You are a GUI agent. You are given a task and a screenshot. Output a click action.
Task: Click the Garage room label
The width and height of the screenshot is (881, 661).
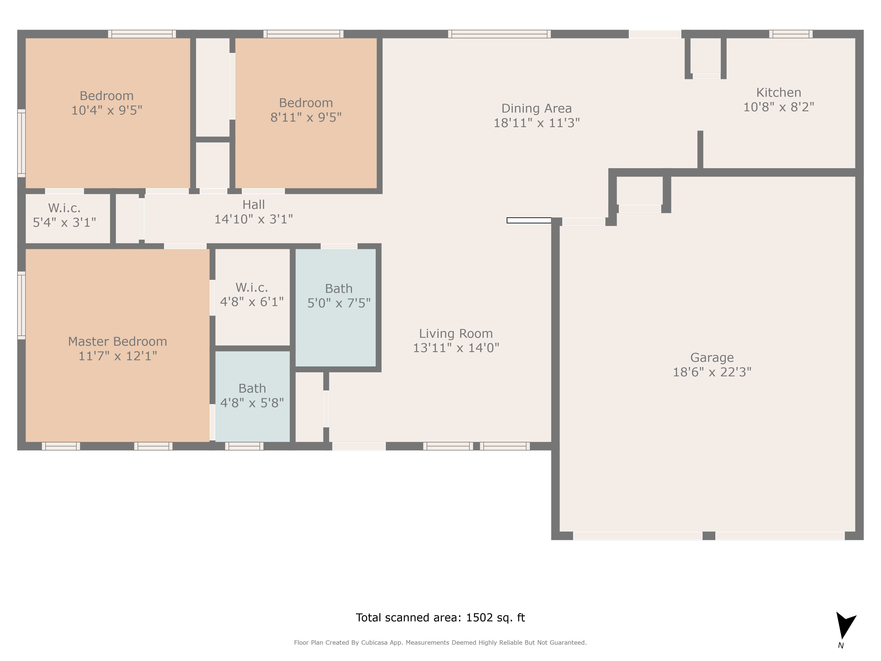tap(712, 357)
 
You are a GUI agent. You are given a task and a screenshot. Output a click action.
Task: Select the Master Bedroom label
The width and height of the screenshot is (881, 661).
tap(117, 342)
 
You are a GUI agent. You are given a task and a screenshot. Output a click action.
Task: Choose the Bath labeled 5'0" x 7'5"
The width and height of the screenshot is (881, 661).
tap(339, 296)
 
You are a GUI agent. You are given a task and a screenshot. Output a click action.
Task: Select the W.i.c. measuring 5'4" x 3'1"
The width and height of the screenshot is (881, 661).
tap(64, 215)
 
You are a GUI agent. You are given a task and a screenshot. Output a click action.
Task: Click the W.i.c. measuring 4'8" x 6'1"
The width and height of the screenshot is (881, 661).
tap(252, 294)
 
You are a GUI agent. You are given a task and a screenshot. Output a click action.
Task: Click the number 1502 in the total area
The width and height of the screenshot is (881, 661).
tap(479, 618)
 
